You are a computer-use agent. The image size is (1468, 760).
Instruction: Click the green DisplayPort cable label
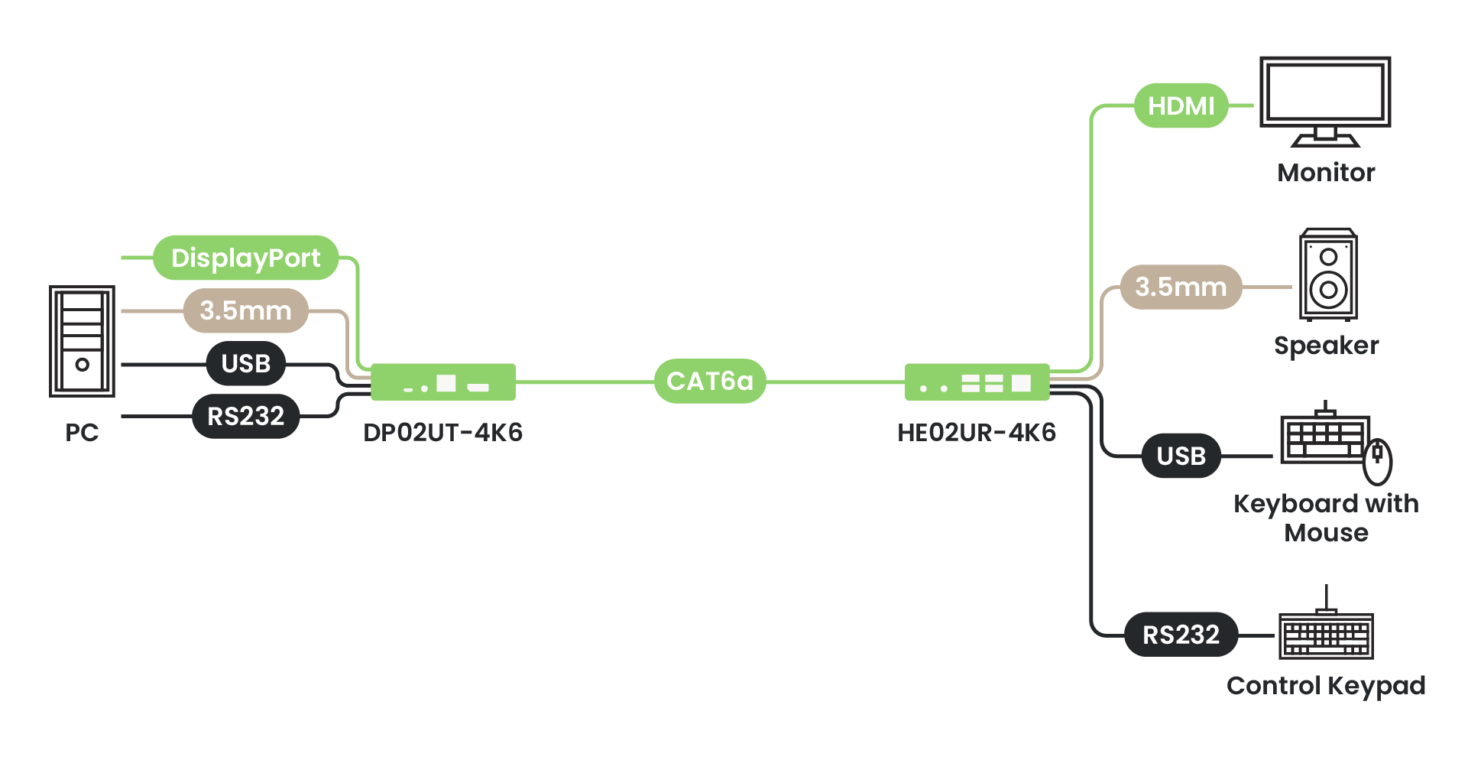[x=245, y=258]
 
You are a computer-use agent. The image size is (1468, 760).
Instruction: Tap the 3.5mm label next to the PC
[x=245, y=310]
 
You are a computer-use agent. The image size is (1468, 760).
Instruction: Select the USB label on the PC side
[x=245, y=363]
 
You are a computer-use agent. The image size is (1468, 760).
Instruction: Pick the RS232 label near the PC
[x=245, y=416]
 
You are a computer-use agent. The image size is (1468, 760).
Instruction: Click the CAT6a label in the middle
[x=710, y=381]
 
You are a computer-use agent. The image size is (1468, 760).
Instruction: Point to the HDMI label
[x=1181, y=106]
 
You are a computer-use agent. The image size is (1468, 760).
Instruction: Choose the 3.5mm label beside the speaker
[x=1181, y=287]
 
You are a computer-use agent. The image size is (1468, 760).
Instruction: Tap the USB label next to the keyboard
[x=1181, y=456]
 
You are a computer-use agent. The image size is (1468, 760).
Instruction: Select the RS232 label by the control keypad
[x=1181, y=635]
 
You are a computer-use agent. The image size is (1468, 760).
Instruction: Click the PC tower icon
[x=82, y=341]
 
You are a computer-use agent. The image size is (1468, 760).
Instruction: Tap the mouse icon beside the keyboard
[x=1378, y=462]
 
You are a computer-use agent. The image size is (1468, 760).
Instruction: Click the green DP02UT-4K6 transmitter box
[x=443, y=382]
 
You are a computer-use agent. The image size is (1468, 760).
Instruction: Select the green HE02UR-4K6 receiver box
[x=977, y=382]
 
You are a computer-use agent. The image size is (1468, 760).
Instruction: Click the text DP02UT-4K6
[x=443, y=433]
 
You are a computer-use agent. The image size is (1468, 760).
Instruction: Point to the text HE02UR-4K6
[x=977, y=433]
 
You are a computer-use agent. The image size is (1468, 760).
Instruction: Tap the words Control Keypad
[x=1326, y=686]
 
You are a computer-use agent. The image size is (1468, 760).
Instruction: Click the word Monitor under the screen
[x=1326, y=173]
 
